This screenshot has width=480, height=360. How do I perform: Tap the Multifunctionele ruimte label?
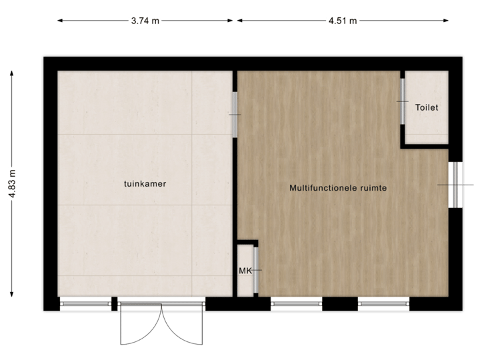pyautogui.click(x=338, y=188)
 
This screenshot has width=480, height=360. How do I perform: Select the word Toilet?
pyautogui.click(x=427, y=107)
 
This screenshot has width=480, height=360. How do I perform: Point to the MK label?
pyautogui.click(x=245, y=271)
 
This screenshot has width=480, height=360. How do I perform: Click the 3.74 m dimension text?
pyautogui.click(x=145, y=21)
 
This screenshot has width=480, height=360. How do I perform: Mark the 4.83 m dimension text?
pyautogui.click(x=12, y=184)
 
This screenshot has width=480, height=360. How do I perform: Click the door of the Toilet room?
pyautogui.click(x=403, y=101)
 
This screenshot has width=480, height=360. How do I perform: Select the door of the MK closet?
pyautogui.click(x=256, y=270)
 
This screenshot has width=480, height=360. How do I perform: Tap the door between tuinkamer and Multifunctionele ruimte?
pyautogui.click(x=234, y=115)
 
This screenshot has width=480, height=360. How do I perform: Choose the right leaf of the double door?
pyautogui.click(x=182, y=327)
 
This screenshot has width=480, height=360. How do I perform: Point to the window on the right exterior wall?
pyautogui.click(x=456, y=184)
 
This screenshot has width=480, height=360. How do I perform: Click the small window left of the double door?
pyautogui.click(x=85, y=305)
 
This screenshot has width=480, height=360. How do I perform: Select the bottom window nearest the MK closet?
pyautogui.click(x=297, y=305)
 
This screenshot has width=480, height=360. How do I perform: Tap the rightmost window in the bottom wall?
pyautogui.click(x=383, y=305)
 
